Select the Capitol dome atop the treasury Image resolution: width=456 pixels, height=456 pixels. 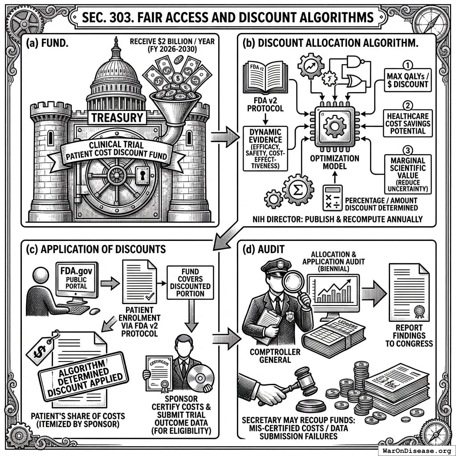[x=116, y=71]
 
